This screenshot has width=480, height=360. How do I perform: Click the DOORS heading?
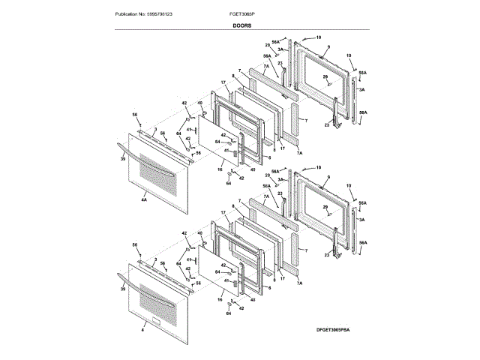tap(241, 25)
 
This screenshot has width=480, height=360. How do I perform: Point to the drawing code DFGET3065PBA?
tap(343, 330)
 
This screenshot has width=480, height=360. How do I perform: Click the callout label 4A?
tap(143, 199)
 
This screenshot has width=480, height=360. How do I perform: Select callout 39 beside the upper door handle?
tap(121, 160)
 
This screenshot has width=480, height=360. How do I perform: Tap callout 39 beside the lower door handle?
tap(121, 286)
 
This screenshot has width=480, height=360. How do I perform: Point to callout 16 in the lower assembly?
tap(220, 298)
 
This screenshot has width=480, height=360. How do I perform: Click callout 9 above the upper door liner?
tap(328, 48)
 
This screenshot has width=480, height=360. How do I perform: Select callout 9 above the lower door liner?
tap(328, 178)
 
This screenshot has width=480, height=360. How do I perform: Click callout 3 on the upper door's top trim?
tap(154, 130)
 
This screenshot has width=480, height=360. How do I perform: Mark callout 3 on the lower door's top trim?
tap(154, 259)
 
